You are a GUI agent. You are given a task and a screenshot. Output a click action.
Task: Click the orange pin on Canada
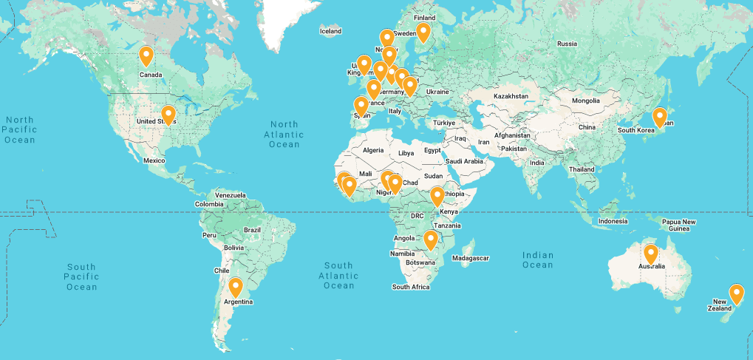pyautogui.click(x=146, y=56)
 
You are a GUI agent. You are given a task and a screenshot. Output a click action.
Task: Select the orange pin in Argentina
pyautogui.click(x=236, y=287)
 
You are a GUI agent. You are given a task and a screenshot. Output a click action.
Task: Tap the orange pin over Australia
pyautogui.click(x=650, y=254)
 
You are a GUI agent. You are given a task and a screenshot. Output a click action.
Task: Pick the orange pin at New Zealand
pyautogui.click(x=736, y=294)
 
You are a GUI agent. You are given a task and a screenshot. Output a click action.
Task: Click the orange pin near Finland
pyautogui.click(x=423, y=32)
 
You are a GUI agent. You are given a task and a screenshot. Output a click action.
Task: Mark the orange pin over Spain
pyautogui.click(x=361, y=106)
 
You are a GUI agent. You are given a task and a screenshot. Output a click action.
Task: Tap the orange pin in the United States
pyautogui.click(x=168, y=115)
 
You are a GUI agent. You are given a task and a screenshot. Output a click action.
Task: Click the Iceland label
pyautogui.click(x=330, y=31)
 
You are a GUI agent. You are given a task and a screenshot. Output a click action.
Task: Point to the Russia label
pyautogui.click(x=567, y=44)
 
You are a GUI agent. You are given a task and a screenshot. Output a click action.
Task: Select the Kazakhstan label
pyautogui.click(x=511, y=97)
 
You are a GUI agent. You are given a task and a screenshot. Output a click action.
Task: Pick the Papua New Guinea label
pyautogui.click(x=678, y=225)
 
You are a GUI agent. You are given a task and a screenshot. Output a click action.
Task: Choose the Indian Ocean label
pyautogui.click(x=537, y=259)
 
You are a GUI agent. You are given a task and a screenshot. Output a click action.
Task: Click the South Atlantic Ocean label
pyautogui.click(x=338, y=275)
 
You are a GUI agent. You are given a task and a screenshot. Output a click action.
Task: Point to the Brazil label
pyautogui.click(x=253, y=230)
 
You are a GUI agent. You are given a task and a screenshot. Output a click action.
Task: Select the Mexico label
pyautogui.click(x=154, y=160)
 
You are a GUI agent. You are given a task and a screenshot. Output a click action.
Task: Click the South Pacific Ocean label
pyautogui.click(x=81, y=276)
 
